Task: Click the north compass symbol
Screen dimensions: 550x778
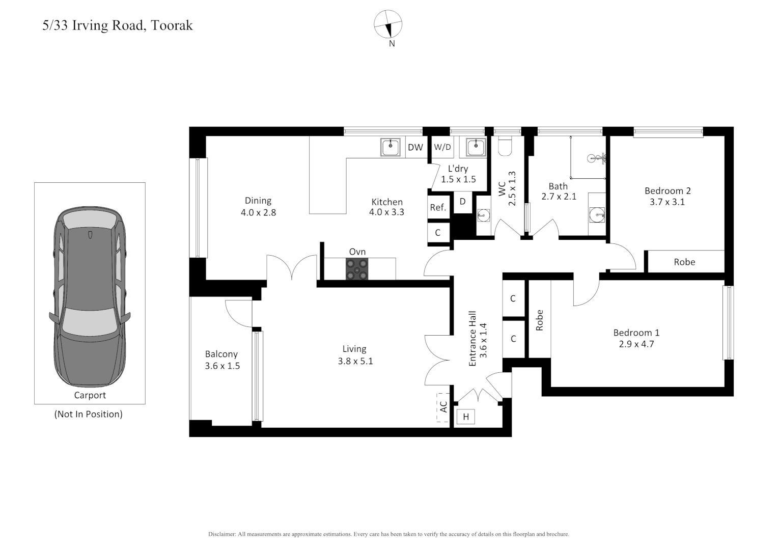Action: click(388, 24)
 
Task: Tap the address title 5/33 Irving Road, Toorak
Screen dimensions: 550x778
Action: click(118, 25)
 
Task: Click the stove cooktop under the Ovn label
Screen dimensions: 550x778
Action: click(357, 269)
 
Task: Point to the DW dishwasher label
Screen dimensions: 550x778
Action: click(415, 147)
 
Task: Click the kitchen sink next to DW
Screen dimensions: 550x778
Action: click(390, 147)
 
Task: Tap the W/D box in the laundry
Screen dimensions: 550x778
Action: click(442, 147)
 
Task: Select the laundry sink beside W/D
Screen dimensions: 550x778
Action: click(476, 147)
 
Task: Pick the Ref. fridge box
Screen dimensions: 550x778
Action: click(438, 207)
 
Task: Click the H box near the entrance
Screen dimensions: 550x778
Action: click(465, 417)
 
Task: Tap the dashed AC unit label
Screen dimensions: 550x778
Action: click(443, 407)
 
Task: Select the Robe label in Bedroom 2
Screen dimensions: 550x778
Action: click(684, 262)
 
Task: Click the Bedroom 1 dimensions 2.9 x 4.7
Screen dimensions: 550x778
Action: click(636, 344)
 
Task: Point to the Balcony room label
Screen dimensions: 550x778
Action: click(221, 354)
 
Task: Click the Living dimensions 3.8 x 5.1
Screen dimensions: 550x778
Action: click(355, 361)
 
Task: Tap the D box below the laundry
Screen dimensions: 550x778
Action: click(462, 202)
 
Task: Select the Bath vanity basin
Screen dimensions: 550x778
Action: click(596, 215)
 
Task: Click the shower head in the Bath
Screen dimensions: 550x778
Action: click(594, 158)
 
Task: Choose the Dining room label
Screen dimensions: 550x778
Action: click(258, 201)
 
